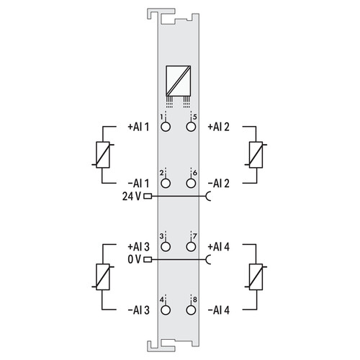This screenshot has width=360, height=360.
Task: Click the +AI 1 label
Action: pos(138,127)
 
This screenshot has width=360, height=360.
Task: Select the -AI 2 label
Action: pos(219,184)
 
